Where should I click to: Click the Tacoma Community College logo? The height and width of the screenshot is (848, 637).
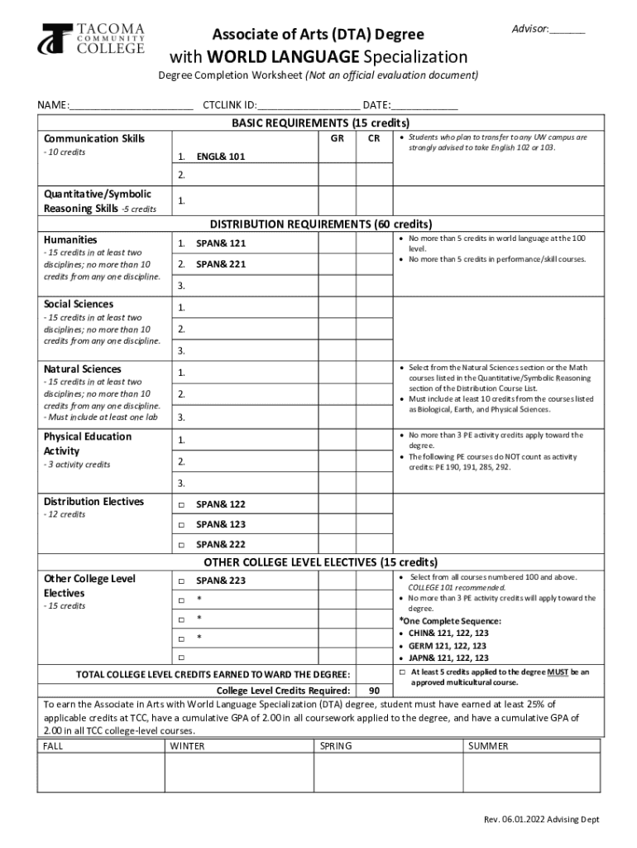coord(93,39)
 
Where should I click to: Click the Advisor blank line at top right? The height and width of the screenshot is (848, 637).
coord(567,31)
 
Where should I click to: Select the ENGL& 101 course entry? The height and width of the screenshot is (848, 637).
coord(220,156)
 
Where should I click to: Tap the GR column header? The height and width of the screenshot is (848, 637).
coord(338,138)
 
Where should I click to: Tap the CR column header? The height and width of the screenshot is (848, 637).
coord(375,138)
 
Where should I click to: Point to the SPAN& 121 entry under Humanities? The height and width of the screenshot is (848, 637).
coord(221,243)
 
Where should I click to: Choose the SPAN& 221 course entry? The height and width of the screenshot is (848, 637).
coord(221,264)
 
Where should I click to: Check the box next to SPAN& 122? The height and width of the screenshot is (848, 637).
coord(181,504)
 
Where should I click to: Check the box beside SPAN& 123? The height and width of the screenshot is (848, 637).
coord(181,525)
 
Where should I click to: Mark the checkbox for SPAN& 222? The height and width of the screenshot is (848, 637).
coord(181,545)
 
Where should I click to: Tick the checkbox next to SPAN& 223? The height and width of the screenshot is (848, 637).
coord(181,581)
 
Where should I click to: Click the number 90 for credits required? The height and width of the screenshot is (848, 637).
coord(375,691)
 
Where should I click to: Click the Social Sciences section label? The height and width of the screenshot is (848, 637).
coord(79,304)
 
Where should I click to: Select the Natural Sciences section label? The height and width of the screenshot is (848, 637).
coord(82,369)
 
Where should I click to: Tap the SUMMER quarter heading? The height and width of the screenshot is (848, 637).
coord(488,746)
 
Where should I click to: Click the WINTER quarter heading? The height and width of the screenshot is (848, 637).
coord(187,746)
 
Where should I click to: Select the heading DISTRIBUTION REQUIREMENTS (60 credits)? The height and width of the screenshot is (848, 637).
coord(320,224)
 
